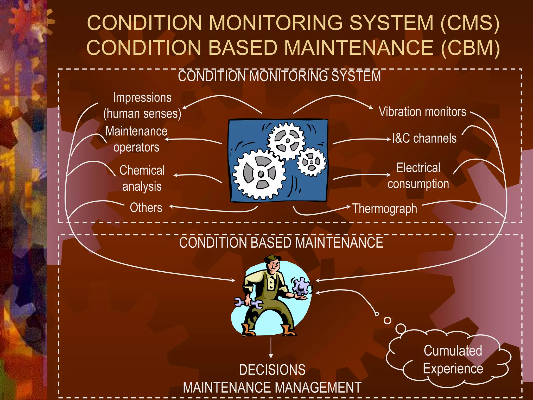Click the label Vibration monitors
point(422,112)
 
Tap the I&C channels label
point(424,138)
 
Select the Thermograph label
point(385,209)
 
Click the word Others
point(146,208)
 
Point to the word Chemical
point(142,170)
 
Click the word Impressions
point(142,98)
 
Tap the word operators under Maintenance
point(136,147)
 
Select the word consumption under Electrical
point(418,184)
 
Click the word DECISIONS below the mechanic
point(272,370)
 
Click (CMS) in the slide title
point(470,23)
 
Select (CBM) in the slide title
point(470,48)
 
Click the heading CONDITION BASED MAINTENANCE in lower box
point(281,243)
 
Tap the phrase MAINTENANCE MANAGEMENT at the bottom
point(272,387)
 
